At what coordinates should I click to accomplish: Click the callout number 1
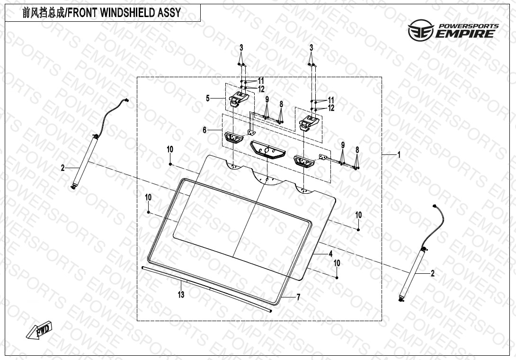399,154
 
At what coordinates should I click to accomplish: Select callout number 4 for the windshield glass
330,254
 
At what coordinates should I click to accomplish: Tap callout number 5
207,98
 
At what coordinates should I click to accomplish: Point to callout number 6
205,130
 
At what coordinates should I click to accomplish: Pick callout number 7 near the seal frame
298,297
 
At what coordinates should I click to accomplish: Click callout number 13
181,295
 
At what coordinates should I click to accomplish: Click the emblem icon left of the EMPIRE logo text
420,30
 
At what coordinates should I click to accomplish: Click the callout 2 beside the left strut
62,168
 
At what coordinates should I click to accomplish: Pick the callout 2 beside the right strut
432,273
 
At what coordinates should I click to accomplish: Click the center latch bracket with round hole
267,150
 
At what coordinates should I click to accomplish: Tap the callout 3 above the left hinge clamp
241,47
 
